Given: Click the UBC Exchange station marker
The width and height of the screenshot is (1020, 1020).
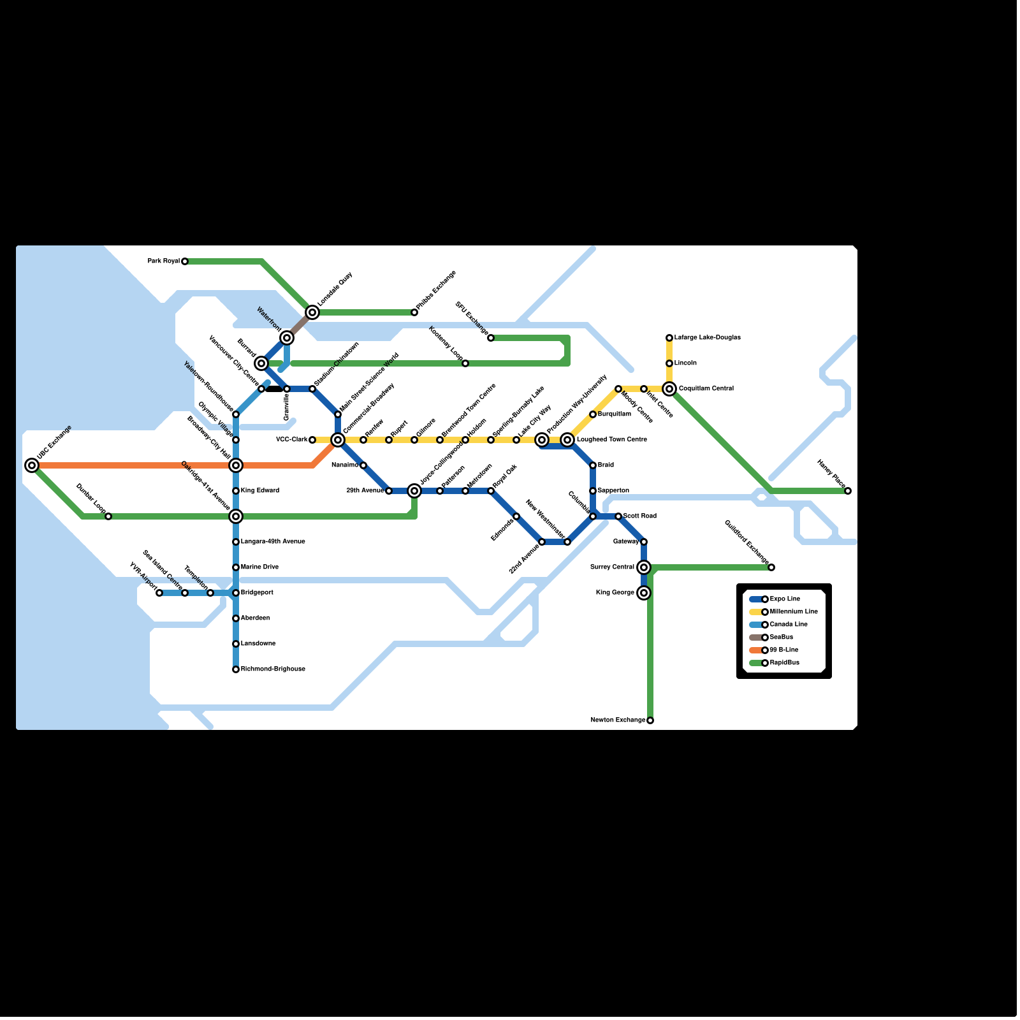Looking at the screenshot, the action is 32,465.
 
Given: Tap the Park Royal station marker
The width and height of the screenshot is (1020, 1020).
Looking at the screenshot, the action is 185,261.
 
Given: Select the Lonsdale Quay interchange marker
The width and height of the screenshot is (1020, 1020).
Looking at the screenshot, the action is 312,312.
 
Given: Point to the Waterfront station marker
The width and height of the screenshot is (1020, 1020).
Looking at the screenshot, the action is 287,338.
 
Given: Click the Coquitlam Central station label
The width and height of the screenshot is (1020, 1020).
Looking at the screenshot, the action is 706,389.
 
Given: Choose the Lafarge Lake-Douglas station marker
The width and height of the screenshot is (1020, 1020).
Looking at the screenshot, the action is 669,338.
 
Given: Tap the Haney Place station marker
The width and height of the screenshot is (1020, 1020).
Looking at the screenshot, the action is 848,491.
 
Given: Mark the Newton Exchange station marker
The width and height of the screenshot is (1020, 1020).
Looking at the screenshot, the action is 650,720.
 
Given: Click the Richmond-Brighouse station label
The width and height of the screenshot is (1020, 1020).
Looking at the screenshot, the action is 273,669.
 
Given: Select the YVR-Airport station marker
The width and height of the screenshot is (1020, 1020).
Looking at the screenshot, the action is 159,593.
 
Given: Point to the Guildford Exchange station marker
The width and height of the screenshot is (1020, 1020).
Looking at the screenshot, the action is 771,567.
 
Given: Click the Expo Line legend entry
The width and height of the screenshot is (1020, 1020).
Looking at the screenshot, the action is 784,599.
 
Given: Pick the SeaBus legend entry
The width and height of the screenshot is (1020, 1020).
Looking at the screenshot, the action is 781,637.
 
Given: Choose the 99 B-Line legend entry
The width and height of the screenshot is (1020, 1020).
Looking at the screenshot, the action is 783,650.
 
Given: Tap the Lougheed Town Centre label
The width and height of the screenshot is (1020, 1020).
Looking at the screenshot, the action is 611,440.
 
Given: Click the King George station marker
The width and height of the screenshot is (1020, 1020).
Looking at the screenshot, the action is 644,593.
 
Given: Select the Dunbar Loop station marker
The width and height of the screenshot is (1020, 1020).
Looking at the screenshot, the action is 108,516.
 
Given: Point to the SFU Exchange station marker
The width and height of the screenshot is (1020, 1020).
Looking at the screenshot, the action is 491,338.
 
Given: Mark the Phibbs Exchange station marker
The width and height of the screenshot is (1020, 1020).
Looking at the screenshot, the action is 414,312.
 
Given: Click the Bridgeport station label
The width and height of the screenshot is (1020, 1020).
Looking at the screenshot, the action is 257,593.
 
